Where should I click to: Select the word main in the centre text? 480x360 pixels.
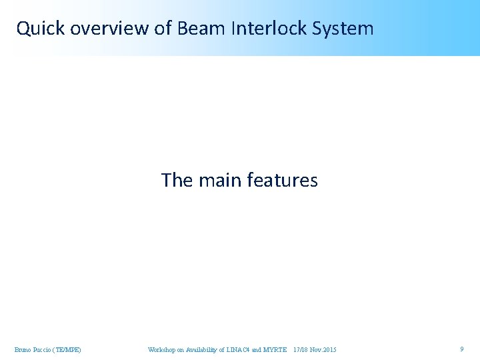[x=220, y=180]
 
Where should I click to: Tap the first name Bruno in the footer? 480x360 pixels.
[x=23, y=349]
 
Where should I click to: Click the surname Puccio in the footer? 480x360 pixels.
[x=44, y=349]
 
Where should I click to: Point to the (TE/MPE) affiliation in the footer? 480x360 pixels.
[x=69, y=349]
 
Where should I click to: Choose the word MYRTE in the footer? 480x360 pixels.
[x=275, y=349]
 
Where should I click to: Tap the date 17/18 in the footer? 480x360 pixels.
[x=301, y=349]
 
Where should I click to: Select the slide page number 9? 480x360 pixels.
[x=461, y=349]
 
